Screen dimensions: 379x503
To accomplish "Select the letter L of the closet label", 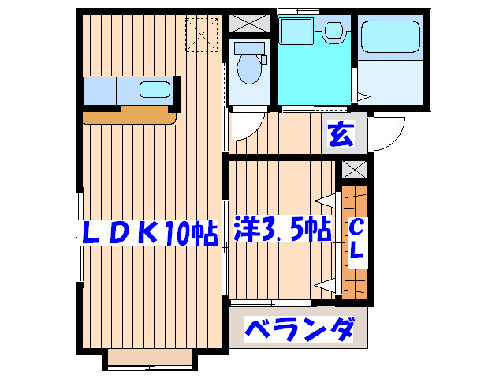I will click(x=356, y=253).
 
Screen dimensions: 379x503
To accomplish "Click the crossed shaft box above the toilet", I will click(x=249, y=24).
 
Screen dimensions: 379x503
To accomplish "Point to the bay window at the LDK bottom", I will click(x=150, y=359).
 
